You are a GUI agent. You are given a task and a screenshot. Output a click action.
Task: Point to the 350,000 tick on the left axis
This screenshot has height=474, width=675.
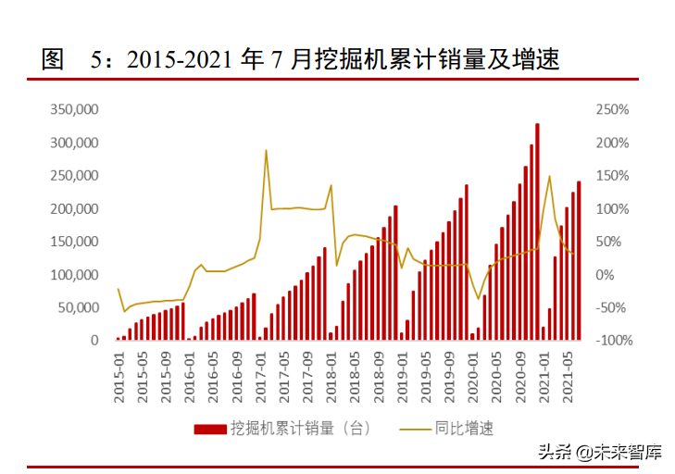(74, 109)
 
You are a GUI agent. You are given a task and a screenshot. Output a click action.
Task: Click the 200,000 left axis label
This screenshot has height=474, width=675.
(74, 208)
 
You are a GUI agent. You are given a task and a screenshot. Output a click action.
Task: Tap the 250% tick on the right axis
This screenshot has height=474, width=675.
(612, 109)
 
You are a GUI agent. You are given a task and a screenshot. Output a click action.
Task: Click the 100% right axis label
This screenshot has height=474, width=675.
(612, 208)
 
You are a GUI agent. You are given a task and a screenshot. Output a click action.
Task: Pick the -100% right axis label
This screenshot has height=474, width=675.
(611, 341)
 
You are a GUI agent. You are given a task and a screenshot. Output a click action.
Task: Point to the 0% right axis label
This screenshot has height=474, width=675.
(605, 275)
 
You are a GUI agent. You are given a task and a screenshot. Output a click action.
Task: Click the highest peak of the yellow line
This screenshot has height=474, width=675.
(266, 150)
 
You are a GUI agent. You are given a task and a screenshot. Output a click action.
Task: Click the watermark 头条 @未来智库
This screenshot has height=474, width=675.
(601, 453)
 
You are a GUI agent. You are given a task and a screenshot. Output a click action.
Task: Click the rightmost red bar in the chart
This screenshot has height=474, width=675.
(579, 261)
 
